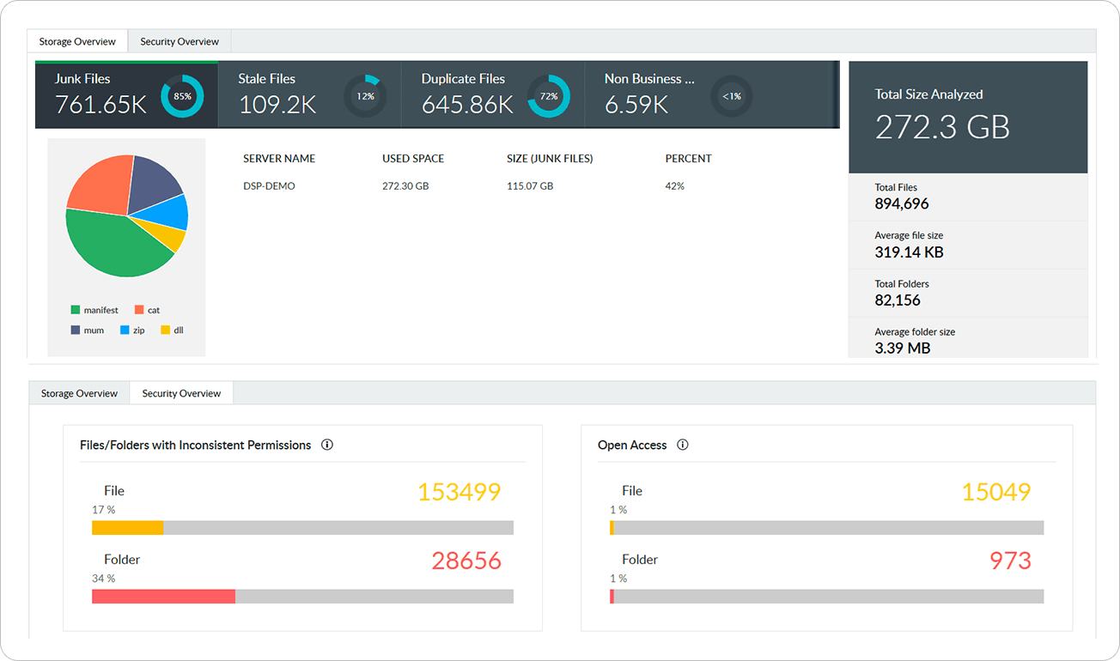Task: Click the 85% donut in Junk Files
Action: click(182, 96)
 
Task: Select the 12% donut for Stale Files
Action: click(365, 96)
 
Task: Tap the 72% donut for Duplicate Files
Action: click(549, 96)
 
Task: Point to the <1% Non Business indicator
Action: click(732, 96)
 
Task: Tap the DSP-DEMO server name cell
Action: click(269, 186)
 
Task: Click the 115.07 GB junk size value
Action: click(530, 186)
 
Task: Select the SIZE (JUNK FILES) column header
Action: click(550, 159)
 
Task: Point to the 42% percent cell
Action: click(674, 186)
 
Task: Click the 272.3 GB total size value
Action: click(942, 127)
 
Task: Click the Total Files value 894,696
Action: click(901, 204)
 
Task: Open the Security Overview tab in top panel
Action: click(180, 41)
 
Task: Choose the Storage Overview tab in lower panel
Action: click(79, 393)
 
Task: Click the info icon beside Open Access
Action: click(683, 445)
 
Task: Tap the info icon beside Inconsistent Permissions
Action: click(327, 445)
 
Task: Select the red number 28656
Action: click(466, 561)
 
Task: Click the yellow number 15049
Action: click(995, 492)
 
